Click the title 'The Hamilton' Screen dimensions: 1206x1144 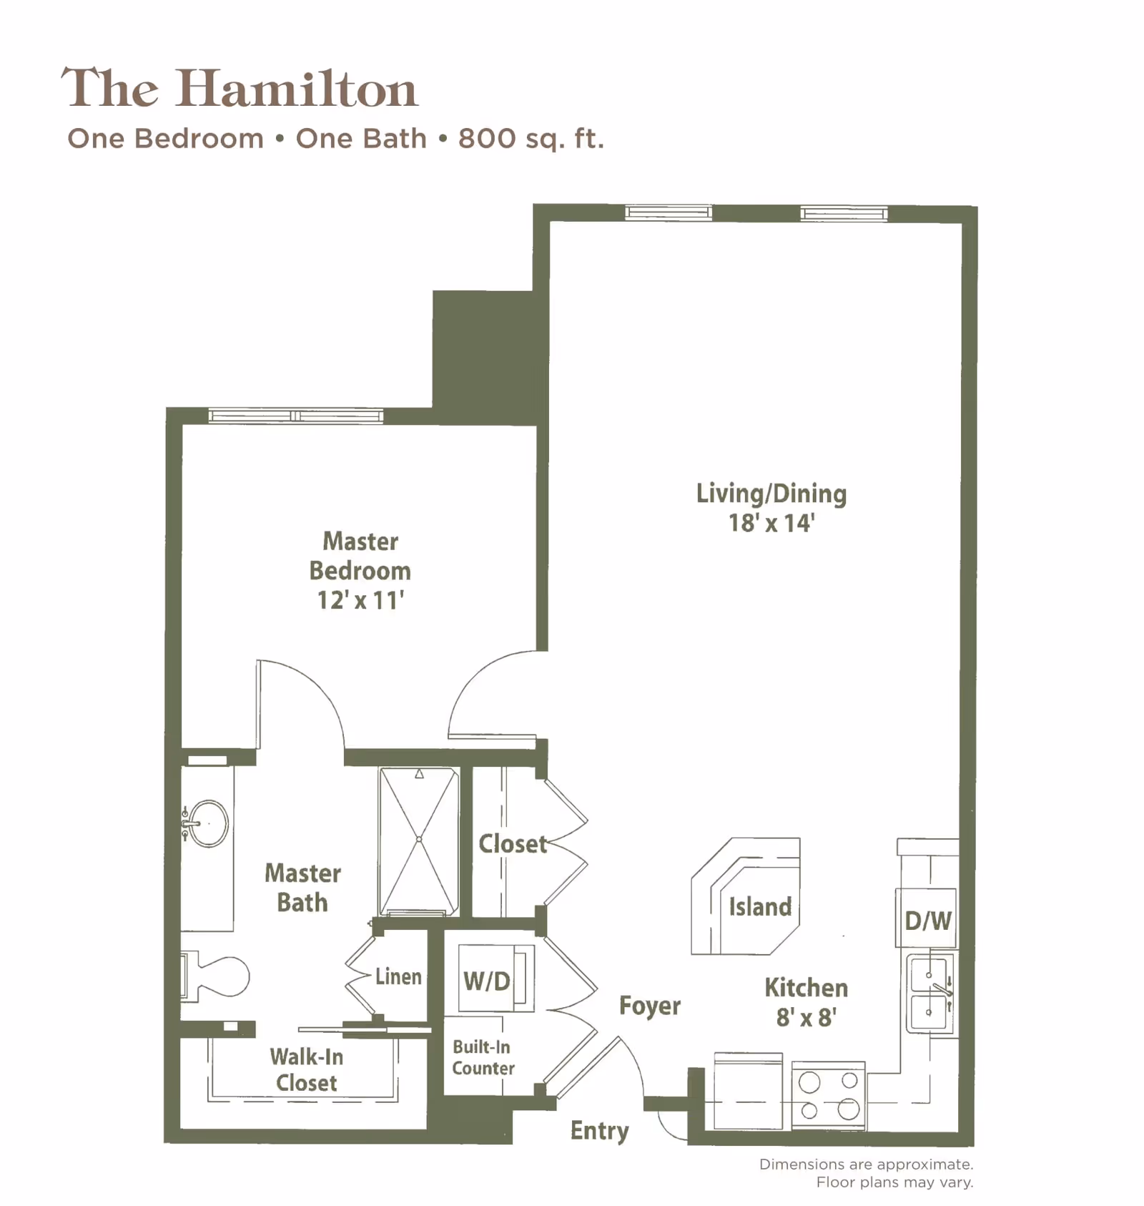coord(239,89)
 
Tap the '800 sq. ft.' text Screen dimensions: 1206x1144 coord(531,139)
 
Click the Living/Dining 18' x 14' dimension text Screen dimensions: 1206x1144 coord(771,523)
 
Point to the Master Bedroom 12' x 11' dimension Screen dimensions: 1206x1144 coord(360,600)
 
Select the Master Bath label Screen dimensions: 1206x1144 coord(302,888)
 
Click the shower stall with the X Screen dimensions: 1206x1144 coord(419,841)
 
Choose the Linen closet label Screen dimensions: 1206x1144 coord(398,976)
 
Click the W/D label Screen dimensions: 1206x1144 coord(487,981)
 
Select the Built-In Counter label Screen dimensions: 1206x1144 coord(483,1057)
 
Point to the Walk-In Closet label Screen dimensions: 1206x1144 coord(306,1069)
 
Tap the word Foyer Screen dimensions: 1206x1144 coord(649,1006)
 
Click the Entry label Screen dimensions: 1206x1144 coord(599,1131)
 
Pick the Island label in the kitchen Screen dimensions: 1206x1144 coord(760,907)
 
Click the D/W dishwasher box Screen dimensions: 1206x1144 coord(927,920)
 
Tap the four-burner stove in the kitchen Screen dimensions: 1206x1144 coord(829,1095)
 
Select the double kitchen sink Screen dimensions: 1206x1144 coord(930,993)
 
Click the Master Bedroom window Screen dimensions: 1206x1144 coord(296,416)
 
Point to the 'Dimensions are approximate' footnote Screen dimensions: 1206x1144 coord(866,1165)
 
